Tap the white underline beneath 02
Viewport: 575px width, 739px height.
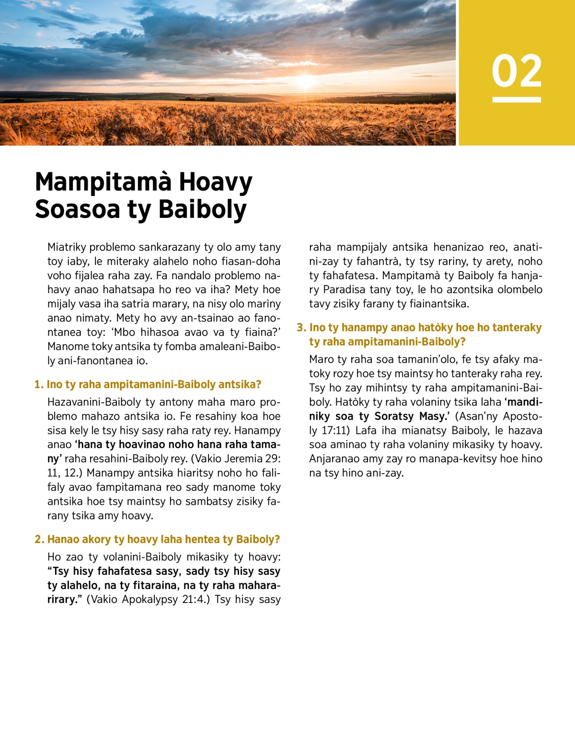coord(517,100)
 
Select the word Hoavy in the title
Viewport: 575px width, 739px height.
coord(216,182)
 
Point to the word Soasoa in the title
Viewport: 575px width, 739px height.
coord(77,210)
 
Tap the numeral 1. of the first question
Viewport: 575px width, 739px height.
coord(39,385)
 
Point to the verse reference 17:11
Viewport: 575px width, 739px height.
coord(334,431)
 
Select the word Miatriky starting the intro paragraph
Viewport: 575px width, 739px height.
coord(67,247)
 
